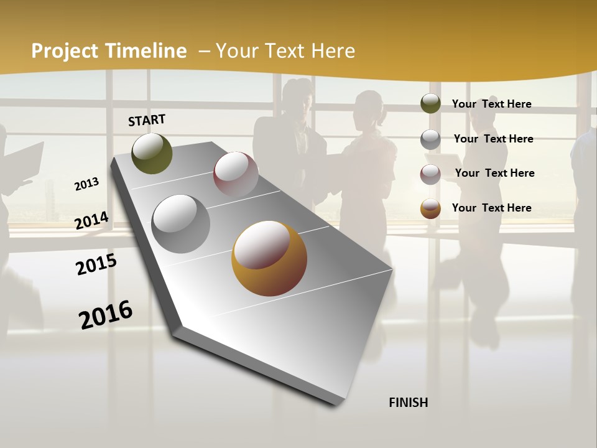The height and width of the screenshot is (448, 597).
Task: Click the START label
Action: tap(147, 120)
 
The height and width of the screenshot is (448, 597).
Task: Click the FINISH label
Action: tap(409, 403)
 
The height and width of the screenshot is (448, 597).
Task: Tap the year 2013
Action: tap(87, 184)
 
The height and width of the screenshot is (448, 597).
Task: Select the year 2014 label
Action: tap(92, 220)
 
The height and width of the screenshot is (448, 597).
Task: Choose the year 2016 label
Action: tap(106, 314)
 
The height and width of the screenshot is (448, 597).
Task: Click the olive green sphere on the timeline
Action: tap(152, 154)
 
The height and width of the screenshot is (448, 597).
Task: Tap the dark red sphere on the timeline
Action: tap(236, 174)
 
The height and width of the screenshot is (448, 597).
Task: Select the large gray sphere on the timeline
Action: tap(180, 224)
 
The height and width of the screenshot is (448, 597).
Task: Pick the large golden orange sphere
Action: tap(269, 258)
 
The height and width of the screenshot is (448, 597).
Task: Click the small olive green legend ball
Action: tap(430, 103)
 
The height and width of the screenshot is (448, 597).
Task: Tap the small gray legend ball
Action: tap(430, 139)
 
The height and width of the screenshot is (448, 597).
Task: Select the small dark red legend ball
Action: tap(430, 174)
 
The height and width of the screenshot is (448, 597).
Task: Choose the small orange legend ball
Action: tap(430, 208)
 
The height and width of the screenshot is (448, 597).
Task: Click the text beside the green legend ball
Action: tap(491, 104)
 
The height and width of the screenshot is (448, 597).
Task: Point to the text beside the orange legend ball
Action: tap(491, 208)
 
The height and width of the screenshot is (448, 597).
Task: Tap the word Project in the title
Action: tap(64, 51)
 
